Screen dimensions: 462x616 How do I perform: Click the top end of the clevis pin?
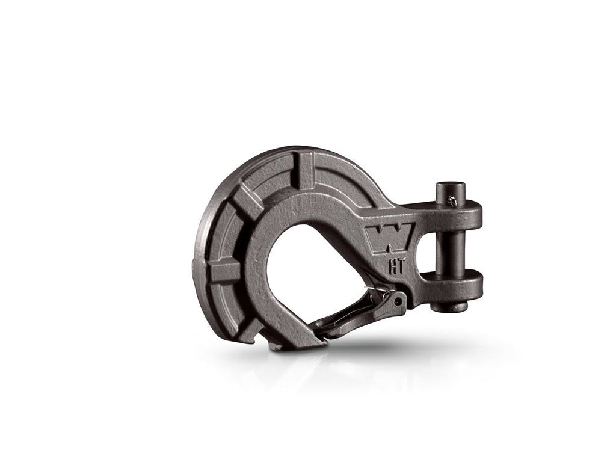pos(448,187)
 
